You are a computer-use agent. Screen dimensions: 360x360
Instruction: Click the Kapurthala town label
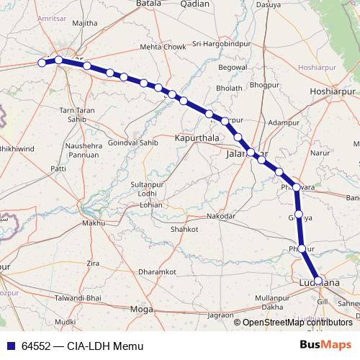pos(196,137)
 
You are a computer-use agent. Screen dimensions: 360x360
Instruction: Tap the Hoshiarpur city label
pos(333,91)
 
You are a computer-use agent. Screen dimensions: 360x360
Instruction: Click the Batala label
pos(149,4)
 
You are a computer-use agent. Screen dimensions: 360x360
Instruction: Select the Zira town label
pos(93,264)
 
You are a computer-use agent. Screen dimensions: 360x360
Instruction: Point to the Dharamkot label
pos(157,272)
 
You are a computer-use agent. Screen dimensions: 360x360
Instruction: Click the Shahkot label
pos(184,229)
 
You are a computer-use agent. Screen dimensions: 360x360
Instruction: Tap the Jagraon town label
pos(220,315)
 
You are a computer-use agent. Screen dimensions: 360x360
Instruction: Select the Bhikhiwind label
pos(16,148)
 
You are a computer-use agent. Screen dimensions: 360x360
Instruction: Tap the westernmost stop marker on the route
pos(42,63)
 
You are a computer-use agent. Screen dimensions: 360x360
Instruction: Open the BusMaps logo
pos(326,345)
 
